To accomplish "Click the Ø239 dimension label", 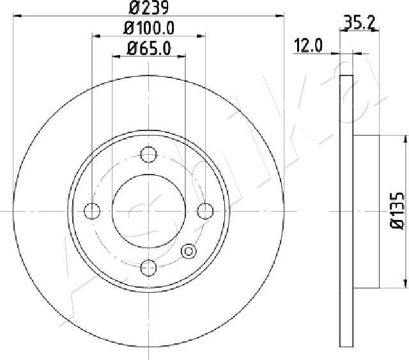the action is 149,7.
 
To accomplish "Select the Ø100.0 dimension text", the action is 149,28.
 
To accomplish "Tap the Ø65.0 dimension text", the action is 149,49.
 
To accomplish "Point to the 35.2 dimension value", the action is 359,23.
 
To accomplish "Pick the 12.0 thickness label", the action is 308,45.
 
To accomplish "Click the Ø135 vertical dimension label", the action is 397,211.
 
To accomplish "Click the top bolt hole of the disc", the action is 148,155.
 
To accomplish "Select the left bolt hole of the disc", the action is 92,211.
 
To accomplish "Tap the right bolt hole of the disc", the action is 205,211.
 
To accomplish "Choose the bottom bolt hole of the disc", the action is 148,267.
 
